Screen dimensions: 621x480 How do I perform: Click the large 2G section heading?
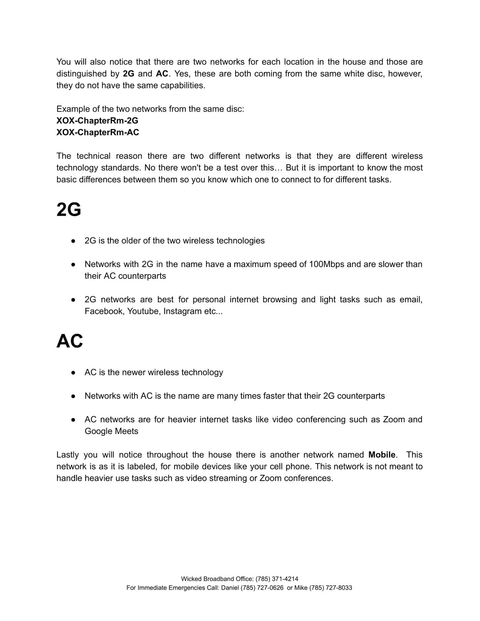click(x=69, y=210)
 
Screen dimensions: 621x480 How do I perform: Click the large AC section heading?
click(x=70, y=341)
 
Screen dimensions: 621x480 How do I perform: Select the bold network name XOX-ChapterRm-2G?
click(x=97, y=121)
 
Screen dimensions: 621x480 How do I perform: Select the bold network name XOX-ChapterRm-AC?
click(x=98, y=133)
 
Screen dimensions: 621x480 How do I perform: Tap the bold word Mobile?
click(x=382, y=455)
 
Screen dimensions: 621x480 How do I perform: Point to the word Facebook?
click(x=103, y=311)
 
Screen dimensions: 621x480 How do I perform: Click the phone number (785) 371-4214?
click(x=277, y=579)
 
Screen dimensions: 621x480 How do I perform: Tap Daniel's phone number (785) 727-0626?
click(x=262, y=588)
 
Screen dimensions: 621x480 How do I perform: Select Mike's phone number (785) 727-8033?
click(x=331, y=588)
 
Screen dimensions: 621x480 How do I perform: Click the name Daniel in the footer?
click(x=230, y=588)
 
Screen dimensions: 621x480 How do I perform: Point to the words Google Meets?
click(x=111, y=431)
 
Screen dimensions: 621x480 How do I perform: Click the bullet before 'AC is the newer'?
click(x=73, y=373)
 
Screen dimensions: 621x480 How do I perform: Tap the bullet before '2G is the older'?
click(x=73, y=241)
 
